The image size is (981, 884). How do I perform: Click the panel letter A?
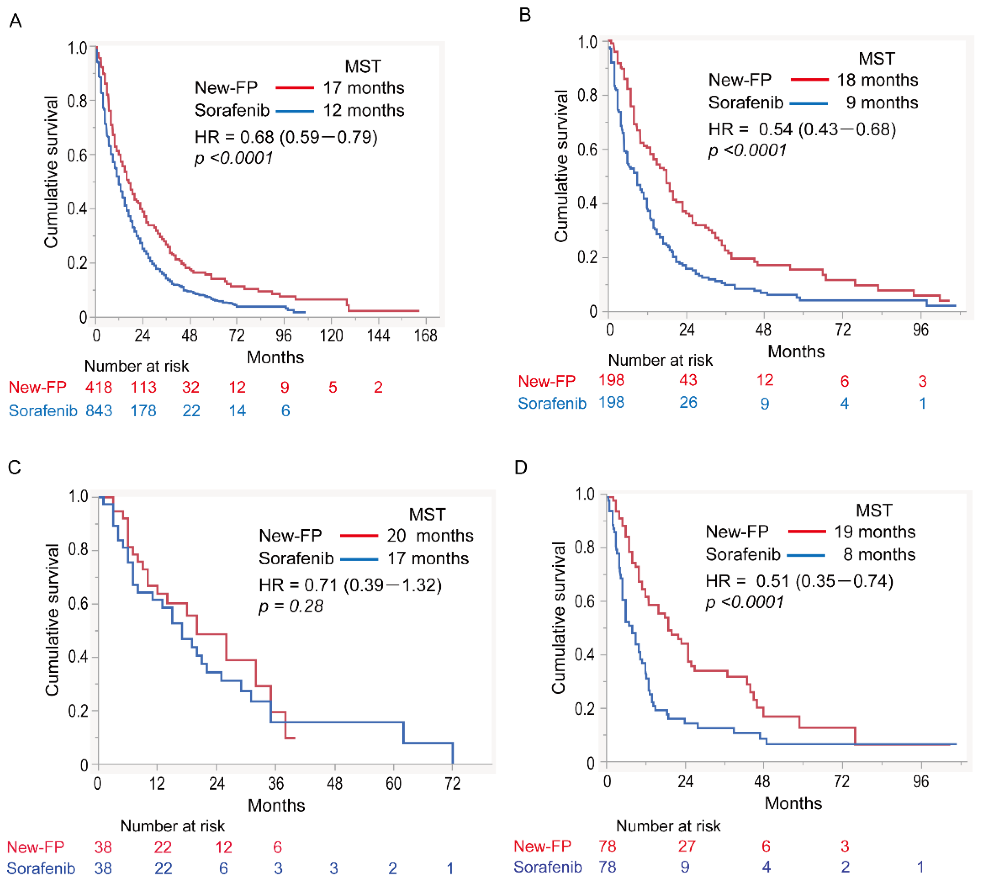pyautogui.click(x=15, y=21)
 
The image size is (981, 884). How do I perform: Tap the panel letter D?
pyautogui.click(x=521, y=468)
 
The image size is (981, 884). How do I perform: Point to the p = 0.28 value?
pyautogui.click(x=291, y=606)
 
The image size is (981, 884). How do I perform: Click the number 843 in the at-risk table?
pyautogui.click(x=99, y=411)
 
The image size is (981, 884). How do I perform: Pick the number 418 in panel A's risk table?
pyautogui.click(x=99, y=387)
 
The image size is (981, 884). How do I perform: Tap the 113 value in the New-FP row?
pyautogui.click(x=143, y=387)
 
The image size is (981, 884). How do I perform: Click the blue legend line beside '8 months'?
pyautogui.click(x=806, y=555)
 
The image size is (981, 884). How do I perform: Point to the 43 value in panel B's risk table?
pyautogui.click(x=688, y=380)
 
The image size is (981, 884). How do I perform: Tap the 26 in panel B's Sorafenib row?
pyautogui.click(x=688, y=403)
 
